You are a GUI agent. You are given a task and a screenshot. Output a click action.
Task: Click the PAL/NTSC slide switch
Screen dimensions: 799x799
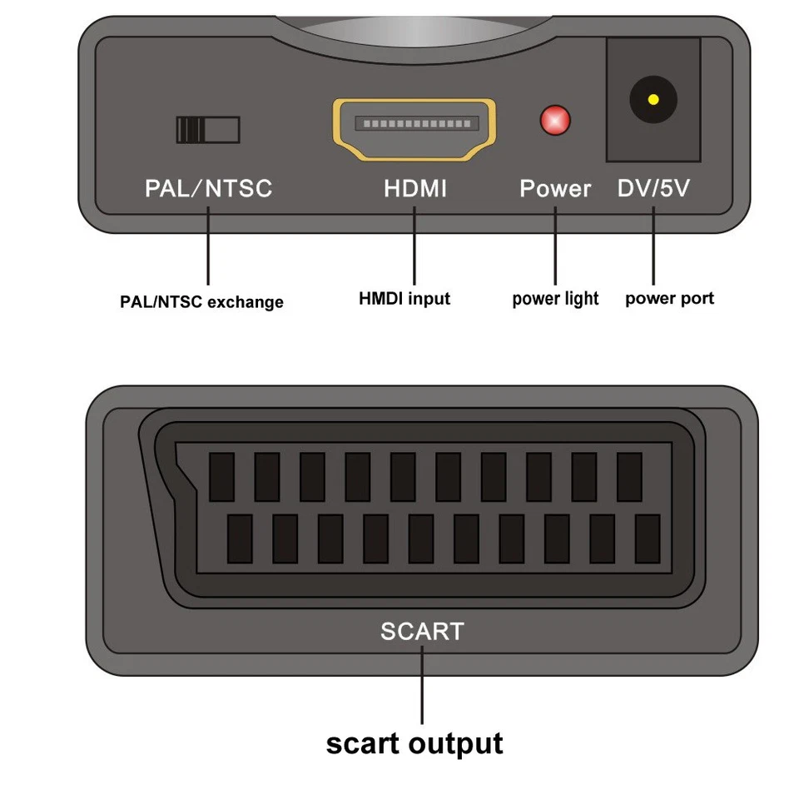[207, 130]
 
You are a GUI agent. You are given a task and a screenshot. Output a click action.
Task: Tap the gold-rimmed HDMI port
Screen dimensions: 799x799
[414, 128]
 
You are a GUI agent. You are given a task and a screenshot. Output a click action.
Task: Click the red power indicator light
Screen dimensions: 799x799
[555, 121]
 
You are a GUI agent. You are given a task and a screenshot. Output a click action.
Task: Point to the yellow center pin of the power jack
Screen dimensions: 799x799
[653, 100]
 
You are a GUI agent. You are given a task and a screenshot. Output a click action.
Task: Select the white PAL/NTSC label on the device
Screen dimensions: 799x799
[208, 188]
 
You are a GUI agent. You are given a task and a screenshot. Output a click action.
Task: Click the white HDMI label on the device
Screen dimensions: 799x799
[414, 188]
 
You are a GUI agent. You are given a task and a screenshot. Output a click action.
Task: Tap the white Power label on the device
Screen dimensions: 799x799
[555, 188]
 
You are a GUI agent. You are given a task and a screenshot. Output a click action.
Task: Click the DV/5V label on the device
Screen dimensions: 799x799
[653, 188]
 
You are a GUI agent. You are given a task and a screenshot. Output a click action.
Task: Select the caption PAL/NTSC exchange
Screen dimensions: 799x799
[201, 302]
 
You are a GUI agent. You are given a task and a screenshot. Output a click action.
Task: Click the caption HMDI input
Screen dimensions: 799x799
[404, 298]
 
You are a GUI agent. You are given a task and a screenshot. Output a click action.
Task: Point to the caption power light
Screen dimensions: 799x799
[555, 299]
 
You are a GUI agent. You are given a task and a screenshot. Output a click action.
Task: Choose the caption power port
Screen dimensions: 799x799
[669, 298]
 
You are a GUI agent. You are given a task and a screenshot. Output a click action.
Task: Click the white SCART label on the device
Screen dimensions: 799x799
[422, 631]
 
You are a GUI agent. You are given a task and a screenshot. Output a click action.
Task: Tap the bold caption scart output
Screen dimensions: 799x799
[414, 743]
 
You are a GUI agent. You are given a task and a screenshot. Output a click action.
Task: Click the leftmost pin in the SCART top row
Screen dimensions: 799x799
[221, 477]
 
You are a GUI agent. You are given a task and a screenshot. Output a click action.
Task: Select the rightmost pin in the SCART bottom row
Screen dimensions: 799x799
[647, 538]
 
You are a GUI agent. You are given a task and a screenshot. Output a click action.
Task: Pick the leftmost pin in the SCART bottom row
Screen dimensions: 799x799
[240, 538]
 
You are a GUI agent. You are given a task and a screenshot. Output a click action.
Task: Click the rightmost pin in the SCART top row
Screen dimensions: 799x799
[629, 477]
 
